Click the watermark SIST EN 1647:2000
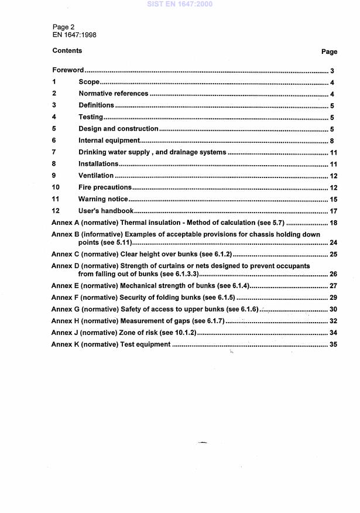coord(180,4)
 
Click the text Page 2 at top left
coord(64,27)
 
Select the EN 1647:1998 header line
coord(74,35)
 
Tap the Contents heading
coord(67,51)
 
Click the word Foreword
coord(68,70)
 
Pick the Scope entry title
coord(90,83)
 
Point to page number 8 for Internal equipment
coord(331,141)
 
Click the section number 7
coord(54,152)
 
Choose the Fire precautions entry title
coord(105,187)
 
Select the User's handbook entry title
coord(107,211)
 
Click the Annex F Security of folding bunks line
coord(143,297)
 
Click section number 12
coord(56,211)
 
